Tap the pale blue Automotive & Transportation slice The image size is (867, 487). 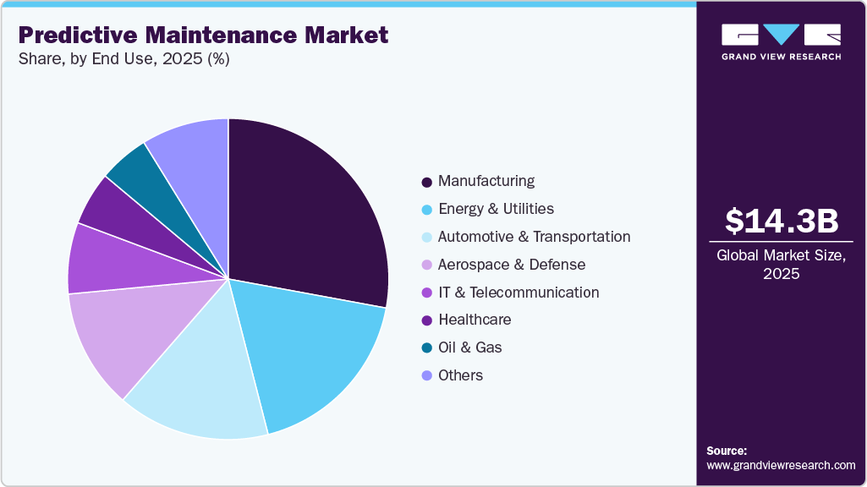pos(203,380)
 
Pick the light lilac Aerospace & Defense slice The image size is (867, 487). pos(118,334)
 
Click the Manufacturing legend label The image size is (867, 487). pos(486,181)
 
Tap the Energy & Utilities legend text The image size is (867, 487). pos(496,209)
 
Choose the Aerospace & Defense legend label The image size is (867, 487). pos(511,265)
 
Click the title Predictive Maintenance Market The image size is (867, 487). pos(203,35)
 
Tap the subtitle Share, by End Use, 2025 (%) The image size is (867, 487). pos(123,59)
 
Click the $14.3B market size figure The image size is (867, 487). pos(781,221)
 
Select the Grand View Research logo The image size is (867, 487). pos(781,41)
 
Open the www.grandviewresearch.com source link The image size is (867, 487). pos(781,465)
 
